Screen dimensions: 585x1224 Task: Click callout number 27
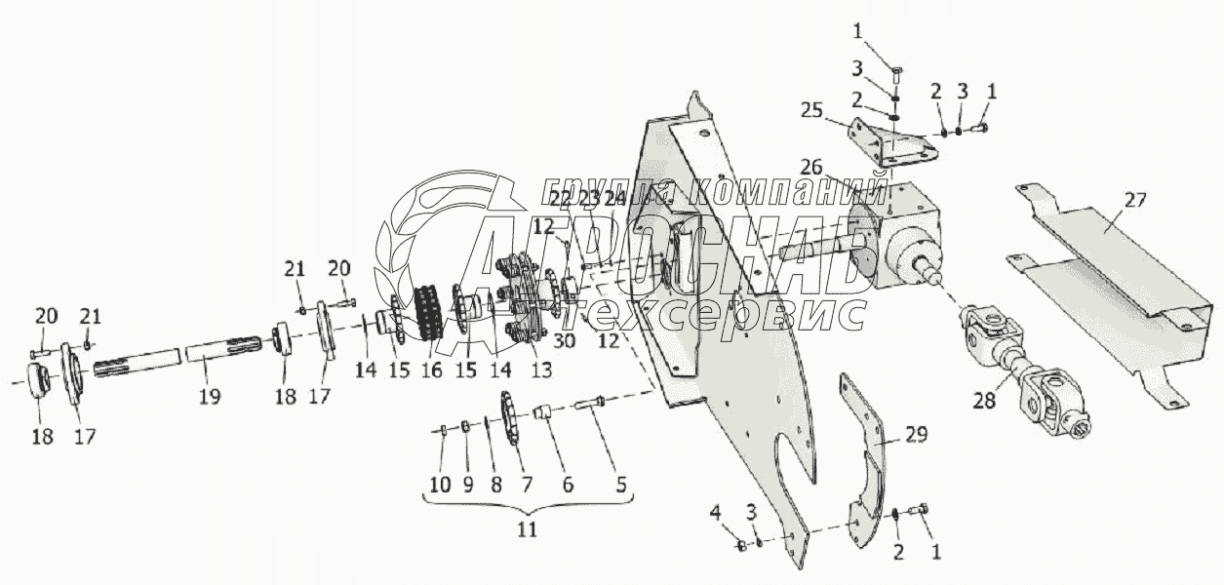[1133, 203]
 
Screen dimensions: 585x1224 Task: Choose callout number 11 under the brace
[528, 530]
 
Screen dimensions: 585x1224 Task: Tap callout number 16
[429, 370]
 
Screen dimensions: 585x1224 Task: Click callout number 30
[564, 342]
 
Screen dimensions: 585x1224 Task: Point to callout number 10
[442, 485]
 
